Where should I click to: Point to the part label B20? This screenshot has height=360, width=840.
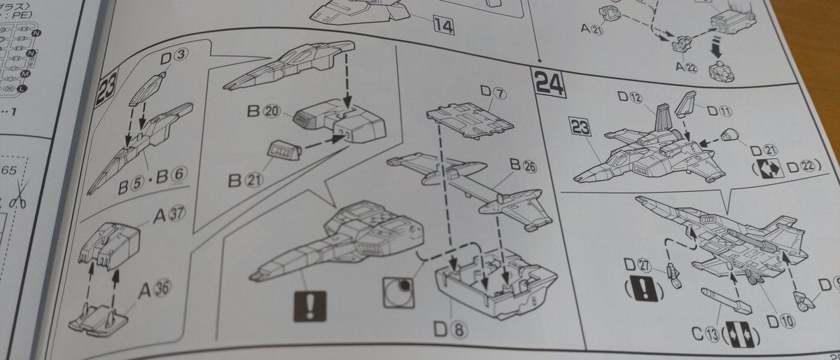[264, 111]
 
